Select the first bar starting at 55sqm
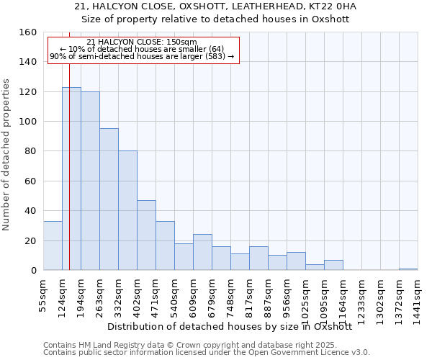[x=53, y=246]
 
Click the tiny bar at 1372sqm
[x=408, y=269]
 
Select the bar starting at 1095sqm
[x=333, y=265]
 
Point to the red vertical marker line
[x=69, y=180]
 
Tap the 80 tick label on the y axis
[x=30, y=151]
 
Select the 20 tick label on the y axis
[x=30, y=240]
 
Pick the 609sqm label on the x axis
[x=193, y=296]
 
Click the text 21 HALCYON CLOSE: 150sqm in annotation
[x=141, y=42]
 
